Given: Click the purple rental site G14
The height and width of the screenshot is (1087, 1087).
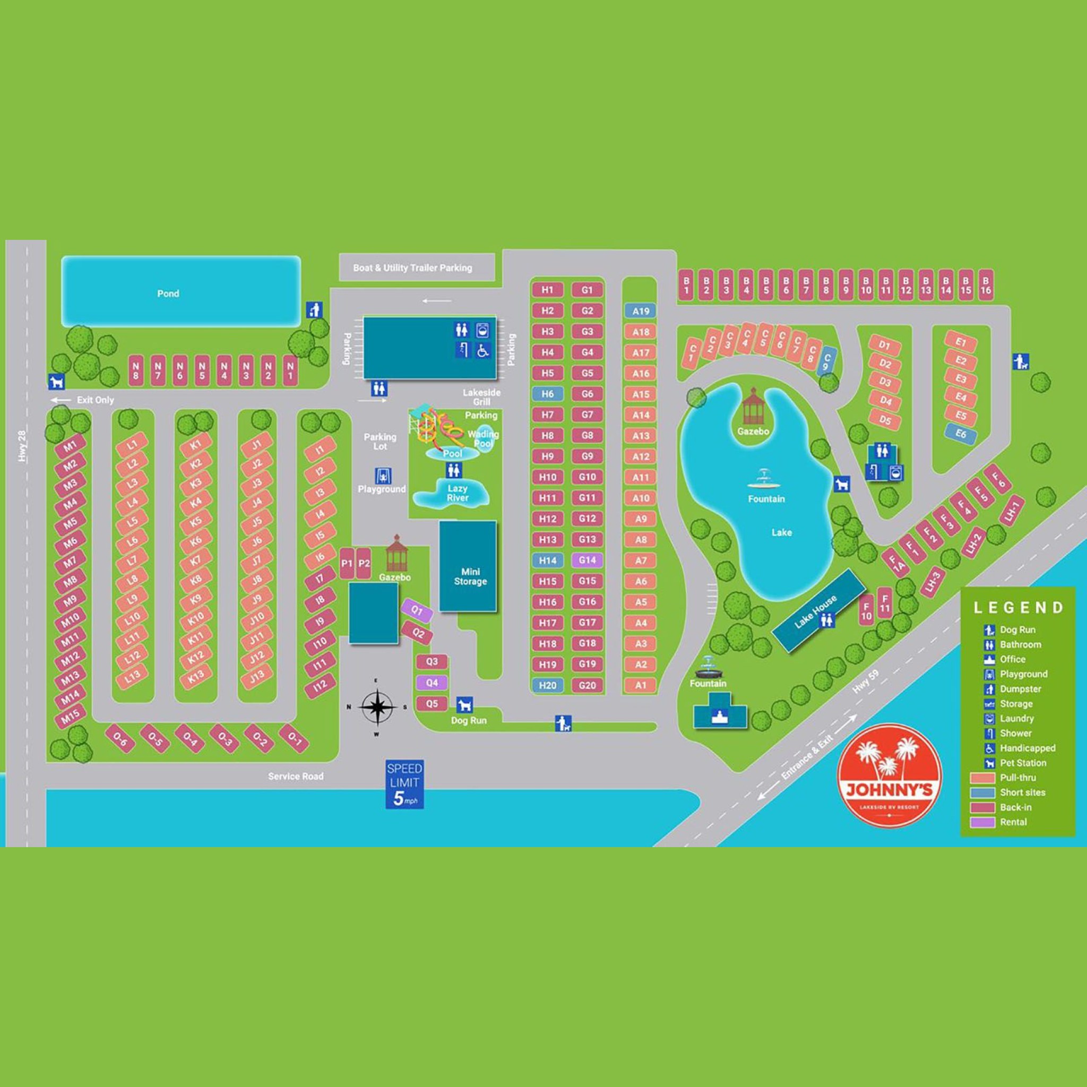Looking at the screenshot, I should point(587,560).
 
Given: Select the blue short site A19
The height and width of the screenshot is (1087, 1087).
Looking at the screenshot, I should point(641,311).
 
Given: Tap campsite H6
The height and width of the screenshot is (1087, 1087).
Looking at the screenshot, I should point(547,394).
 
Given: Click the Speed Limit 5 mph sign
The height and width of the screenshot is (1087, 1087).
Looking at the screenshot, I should point(404,784).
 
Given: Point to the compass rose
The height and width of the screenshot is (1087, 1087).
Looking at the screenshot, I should point(376,707).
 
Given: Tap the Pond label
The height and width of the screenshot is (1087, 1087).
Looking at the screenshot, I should point(168,294).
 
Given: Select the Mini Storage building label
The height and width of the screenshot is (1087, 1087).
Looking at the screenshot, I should point(470,577).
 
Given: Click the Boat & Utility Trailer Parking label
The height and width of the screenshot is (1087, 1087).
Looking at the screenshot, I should point(412,268).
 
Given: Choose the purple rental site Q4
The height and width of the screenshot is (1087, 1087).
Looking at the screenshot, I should point(432,683).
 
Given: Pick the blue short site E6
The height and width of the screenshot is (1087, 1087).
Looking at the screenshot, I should point(960,434).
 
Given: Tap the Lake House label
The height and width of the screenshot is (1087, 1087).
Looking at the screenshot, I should point(816,611).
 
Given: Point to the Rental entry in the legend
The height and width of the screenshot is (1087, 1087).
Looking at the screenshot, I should point(1013,822).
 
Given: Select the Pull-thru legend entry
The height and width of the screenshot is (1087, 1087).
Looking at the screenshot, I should point(1017,778).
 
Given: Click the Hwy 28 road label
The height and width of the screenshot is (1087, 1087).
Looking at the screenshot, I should point(23,446).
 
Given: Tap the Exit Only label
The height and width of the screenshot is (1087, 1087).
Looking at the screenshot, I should point(95,400).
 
